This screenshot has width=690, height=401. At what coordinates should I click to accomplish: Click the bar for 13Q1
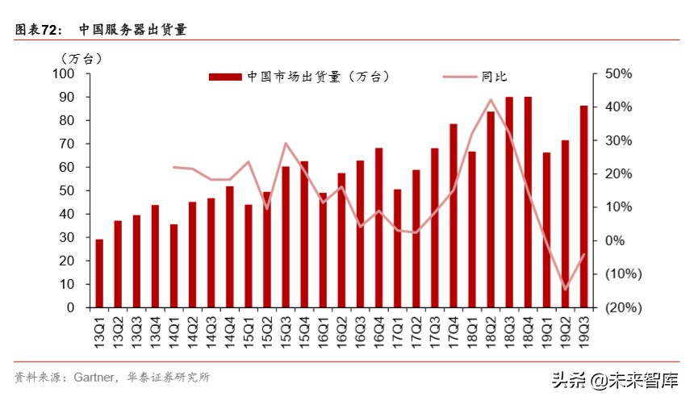point(99,274)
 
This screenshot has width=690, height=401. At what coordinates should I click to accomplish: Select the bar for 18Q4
point(528,202)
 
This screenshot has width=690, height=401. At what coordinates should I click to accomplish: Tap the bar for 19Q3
point(583,207)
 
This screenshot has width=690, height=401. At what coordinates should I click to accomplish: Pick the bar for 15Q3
point(286,236)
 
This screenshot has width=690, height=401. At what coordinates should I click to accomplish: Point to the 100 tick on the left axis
point(63,74)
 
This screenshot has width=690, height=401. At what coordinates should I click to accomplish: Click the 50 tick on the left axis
point(66,191)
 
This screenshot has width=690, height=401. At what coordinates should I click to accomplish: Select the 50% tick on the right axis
point(617,74)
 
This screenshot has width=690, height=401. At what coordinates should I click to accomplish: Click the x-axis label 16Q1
point(323,332)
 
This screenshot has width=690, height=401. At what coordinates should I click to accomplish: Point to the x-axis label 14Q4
point(229,332)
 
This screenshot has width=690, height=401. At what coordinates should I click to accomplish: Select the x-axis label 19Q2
point(565,332)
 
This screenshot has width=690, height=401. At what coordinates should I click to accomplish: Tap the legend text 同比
point(493,77)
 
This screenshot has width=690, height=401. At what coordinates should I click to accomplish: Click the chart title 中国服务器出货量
point(132,30)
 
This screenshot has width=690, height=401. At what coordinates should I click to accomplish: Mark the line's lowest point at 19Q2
point(565,289)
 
